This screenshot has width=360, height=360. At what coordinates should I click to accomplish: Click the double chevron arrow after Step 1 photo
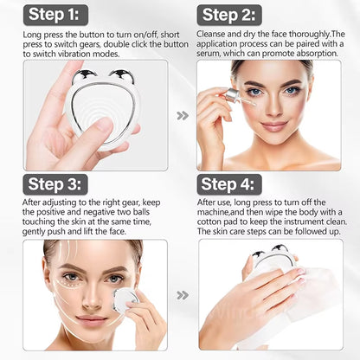181,115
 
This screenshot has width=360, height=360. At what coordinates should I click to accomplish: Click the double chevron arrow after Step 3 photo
181,294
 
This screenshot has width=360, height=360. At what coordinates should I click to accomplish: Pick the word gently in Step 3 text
42,231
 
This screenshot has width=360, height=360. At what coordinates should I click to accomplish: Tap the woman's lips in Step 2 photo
273,125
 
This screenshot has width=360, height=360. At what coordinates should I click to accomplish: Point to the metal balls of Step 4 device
269,252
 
